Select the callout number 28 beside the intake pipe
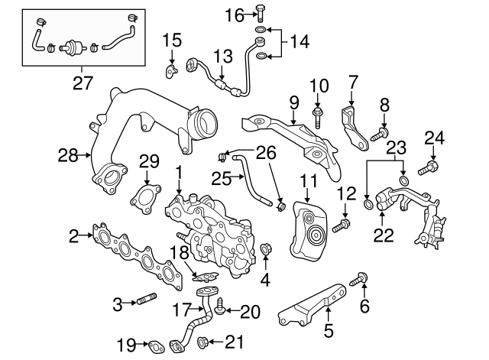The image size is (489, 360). click(x=68, y=156)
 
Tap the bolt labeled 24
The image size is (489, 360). click(x=428, y=166)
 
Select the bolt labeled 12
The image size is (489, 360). click(x=342, y=225)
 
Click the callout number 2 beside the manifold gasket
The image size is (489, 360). click(x=73, y=237)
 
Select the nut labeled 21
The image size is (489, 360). click(x=202, y=342)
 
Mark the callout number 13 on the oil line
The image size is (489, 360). click(x=222, y=56)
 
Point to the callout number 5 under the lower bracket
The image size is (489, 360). click(x=329, y=332)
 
